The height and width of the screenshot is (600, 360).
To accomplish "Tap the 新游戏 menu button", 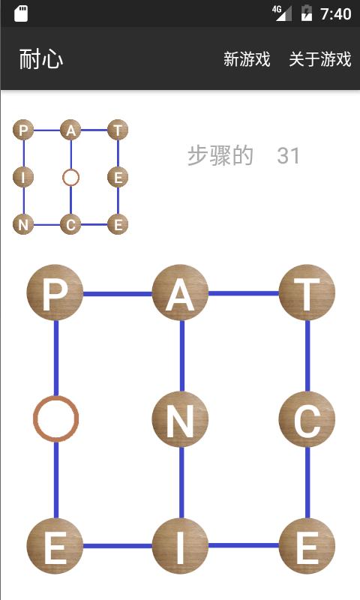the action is pyautogui.click(x=247, y=59).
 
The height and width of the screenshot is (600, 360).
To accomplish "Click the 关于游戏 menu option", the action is pyautogui.click(x=319, y=59).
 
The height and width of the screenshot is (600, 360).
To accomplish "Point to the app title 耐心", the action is pyautogui.click(x=41, y=59).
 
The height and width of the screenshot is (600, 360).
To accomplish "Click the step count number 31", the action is pyautogui.click(x=288, y=156).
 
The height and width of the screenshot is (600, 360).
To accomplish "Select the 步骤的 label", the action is pyautogui.click(x=220, y=156).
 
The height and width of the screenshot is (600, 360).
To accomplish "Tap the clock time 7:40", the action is pyautogui.click(x=335, y=14).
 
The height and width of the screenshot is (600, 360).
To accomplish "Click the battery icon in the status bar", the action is pyautogui.click(x=307, y=13).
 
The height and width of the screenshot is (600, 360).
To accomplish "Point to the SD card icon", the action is pyautogui.click(x=21, y=13).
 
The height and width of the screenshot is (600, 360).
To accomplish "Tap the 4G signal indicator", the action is pyautogui.click(x=282, y=13).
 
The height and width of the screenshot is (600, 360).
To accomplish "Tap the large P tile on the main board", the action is pyautogui.click(x=55, y=292).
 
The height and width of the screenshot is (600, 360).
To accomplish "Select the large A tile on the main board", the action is pyautogui.click(x=180, y=292).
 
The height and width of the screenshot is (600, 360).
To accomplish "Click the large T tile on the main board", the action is pyautogui.click(x=307, y=292).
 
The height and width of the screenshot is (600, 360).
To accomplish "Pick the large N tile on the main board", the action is pyautogui.click(x=180, y=419).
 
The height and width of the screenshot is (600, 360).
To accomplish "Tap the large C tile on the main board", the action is pyautogui.click(x=307, y=419).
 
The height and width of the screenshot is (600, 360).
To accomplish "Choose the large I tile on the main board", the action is pyautogui.click(x=180, y=546).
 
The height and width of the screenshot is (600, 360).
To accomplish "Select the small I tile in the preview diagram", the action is pyautogui.click(x=23, y=178).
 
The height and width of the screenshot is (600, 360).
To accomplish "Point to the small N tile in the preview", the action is pyautogui.click(x=23, y=224).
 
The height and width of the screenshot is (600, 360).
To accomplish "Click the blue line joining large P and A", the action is pyautogui.click(x=118, y=294).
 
